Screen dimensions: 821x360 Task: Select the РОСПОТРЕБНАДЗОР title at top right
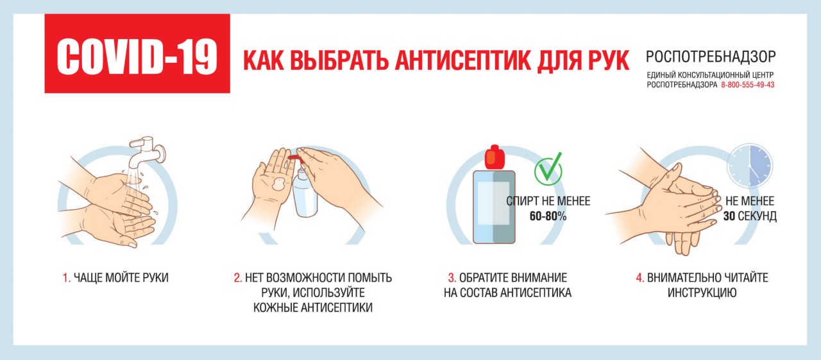(x=710, y=57)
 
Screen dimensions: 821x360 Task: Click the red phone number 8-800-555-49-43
(x=748, y=85)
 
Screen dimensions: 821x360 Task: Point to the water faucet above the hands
(x=147, y=151)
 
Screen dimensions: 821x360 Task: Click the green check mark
(x=548, y=169)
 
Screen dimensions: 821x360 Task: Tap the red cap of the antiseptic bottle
(x=495, y=157)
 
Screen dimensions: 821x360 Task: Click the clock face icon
(x=750, y=166)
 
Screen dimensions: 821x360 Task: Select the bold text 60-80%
(x=548, y=217)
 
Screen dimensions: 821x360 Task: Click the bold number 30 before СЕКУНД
(x=729, y=216)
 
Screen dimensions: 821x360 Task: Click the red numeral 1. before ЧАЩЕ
(x=66, y=278)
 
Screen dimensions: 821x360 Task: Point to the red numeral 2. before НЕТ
(x=238, y=278)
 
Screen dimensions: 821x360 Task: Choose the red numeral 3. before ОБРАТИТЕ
(x=452, y=278)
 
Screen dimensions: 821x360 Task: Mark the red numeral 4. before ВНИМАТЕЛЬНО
(x=640, y=278)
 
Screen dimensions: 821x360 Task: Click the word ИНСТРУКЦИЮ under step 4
(x=702, y=293)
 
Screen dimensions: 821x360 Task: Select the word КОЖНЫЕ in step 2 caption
(x=275, y=307)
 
